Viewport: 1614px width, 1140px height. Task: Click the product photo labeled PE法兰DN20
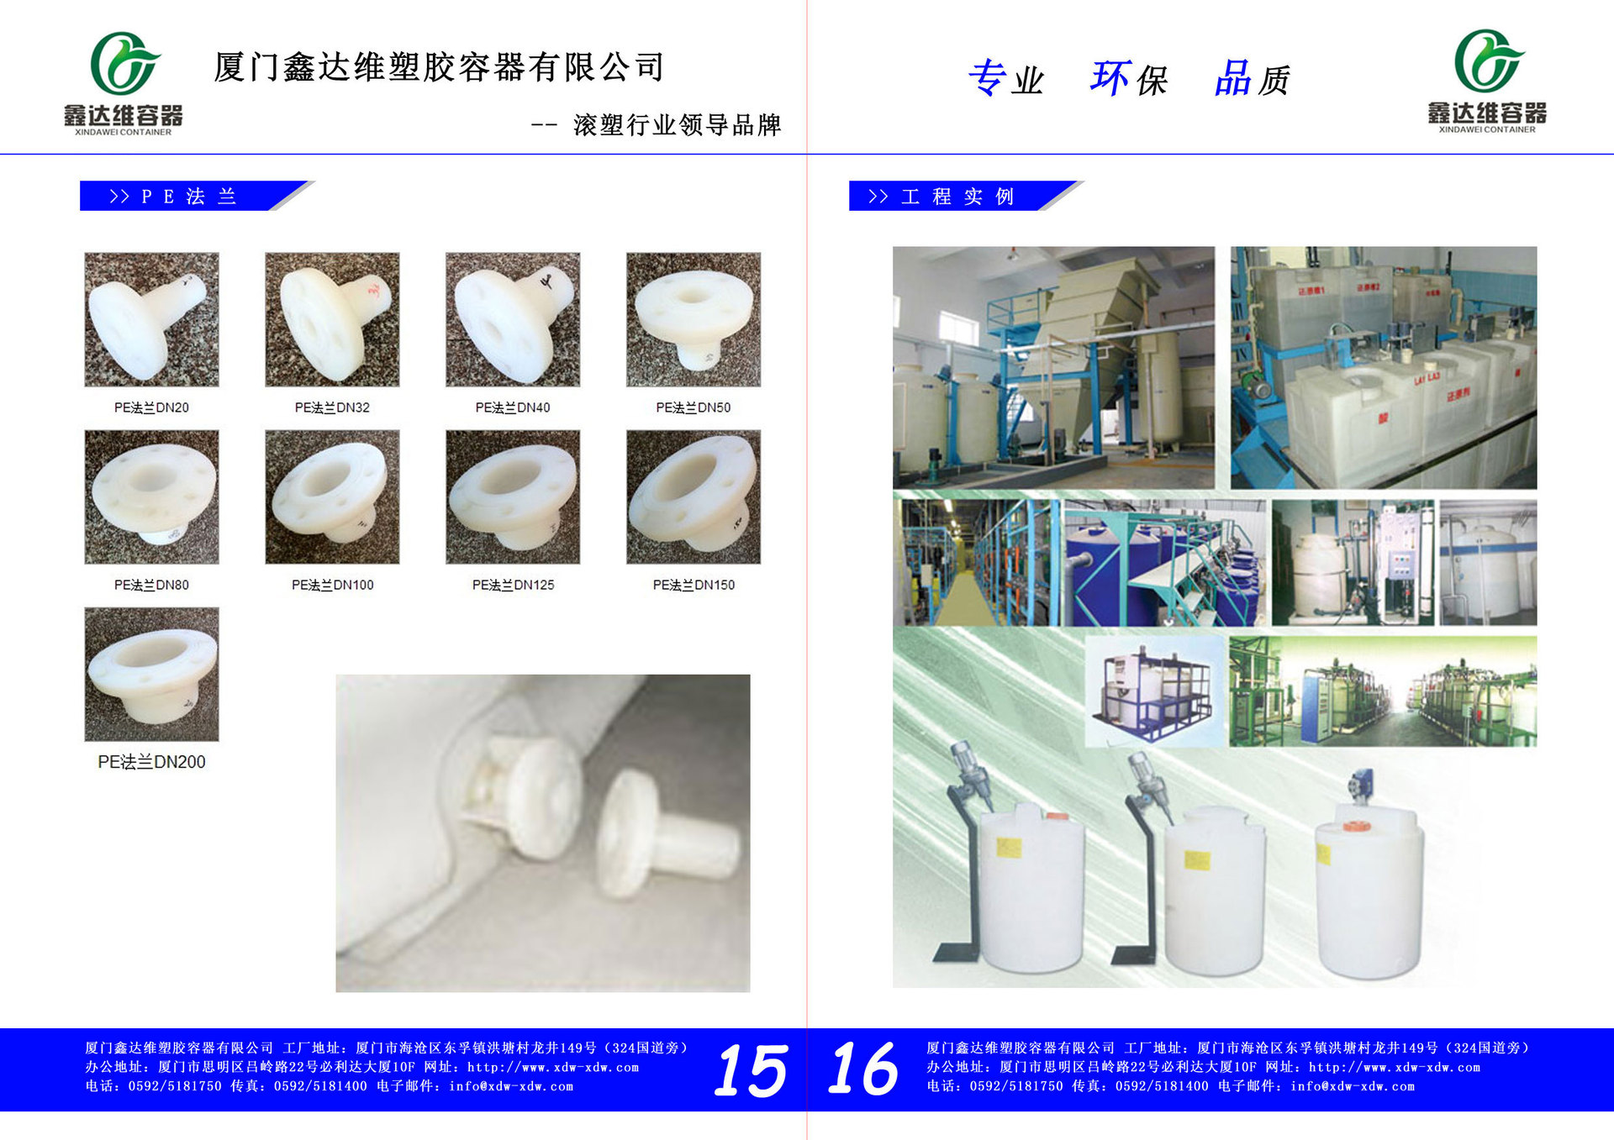151,319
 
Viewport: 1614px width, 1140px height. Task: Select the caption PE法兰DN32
332,407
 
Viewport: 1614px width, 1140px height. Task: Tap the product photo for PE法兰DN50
694,319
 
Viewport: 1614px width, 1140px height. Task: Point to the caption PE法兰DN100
332,585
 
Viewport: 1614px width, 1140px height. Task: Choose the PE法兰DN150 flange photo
694,496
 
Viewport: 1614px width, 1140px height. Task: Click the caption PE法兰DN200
151,762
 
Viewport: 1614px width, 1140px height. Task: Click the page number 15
751,1069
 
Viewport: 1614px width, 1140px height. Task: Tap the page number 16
863,1068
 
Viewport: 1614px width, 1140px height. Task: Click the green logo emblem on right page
1487,60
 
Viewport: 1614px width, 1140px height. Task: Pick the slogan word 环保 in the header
1129,79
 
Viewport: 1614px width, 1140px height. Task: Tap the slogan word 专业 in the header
1005,79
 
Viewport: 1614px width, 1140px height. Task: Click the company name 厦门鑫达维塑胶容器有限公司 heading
439,67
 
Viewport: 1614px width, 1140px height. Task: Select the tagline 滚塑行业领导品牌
677,125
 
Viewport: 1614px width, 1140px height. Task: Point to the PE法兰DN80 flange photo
151,496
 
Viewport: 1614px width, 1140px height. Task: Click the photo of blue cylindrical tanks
1164,563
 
